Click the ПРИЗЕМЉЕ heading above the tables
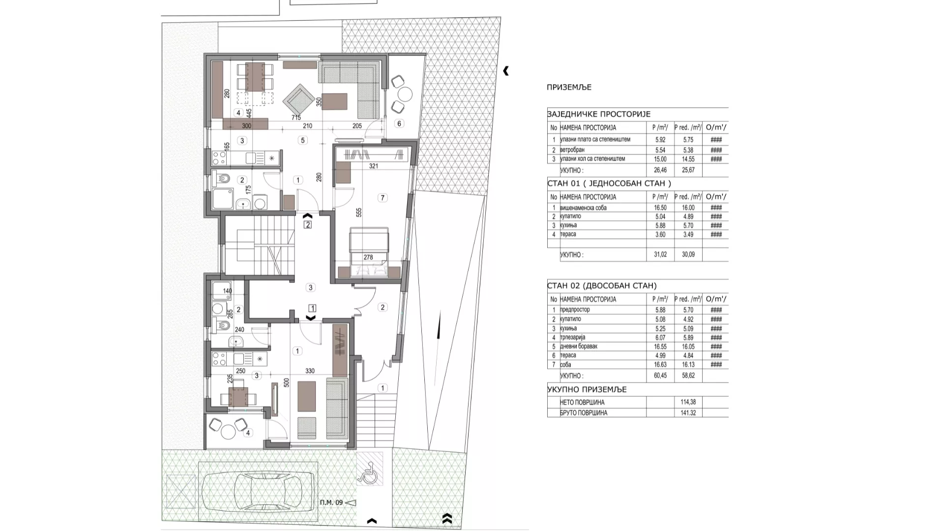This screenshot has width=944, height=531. click(x=569, y=88)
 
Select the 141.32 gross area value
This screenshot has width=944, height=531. click(x=688, y=413)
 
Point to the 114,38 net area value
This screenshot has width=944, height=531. click(x=688, y=402)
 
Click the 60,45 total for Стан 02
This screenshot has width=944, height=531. click(x=660, y=376)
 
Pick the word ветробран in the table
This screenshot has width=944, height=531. click(x=572, y=150)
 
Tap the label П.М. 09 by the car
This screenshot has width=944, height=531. click(x=331, y=502)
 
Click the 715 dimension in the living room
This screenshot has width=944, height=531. click(x=296, y=118)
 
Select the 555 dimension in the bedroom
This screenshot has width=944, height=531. click(x=359, y=212)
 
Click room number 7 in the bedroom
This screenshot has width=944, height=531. click(x=383, y=198)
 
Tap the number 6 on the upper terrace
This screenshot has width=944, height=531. click(x=399, y=123)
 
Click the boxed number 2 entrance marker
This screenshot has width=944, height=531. click(x=308, y=225)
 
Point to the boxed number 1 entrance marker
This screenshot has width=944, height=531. click(x=312, y=308)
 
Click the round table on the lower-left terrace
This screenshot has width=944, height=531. click(x=228, y=432)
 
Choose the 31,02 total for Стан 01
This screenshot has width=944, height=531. click(x=660, y=255)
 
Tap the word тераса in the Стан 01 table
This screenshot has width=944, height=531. click(x=568, y=235)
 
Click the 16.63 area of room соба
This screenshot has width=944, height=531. click(x=660, y=365)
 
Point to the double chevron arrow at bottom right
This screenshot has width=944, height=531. click(x=447, y=518)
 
